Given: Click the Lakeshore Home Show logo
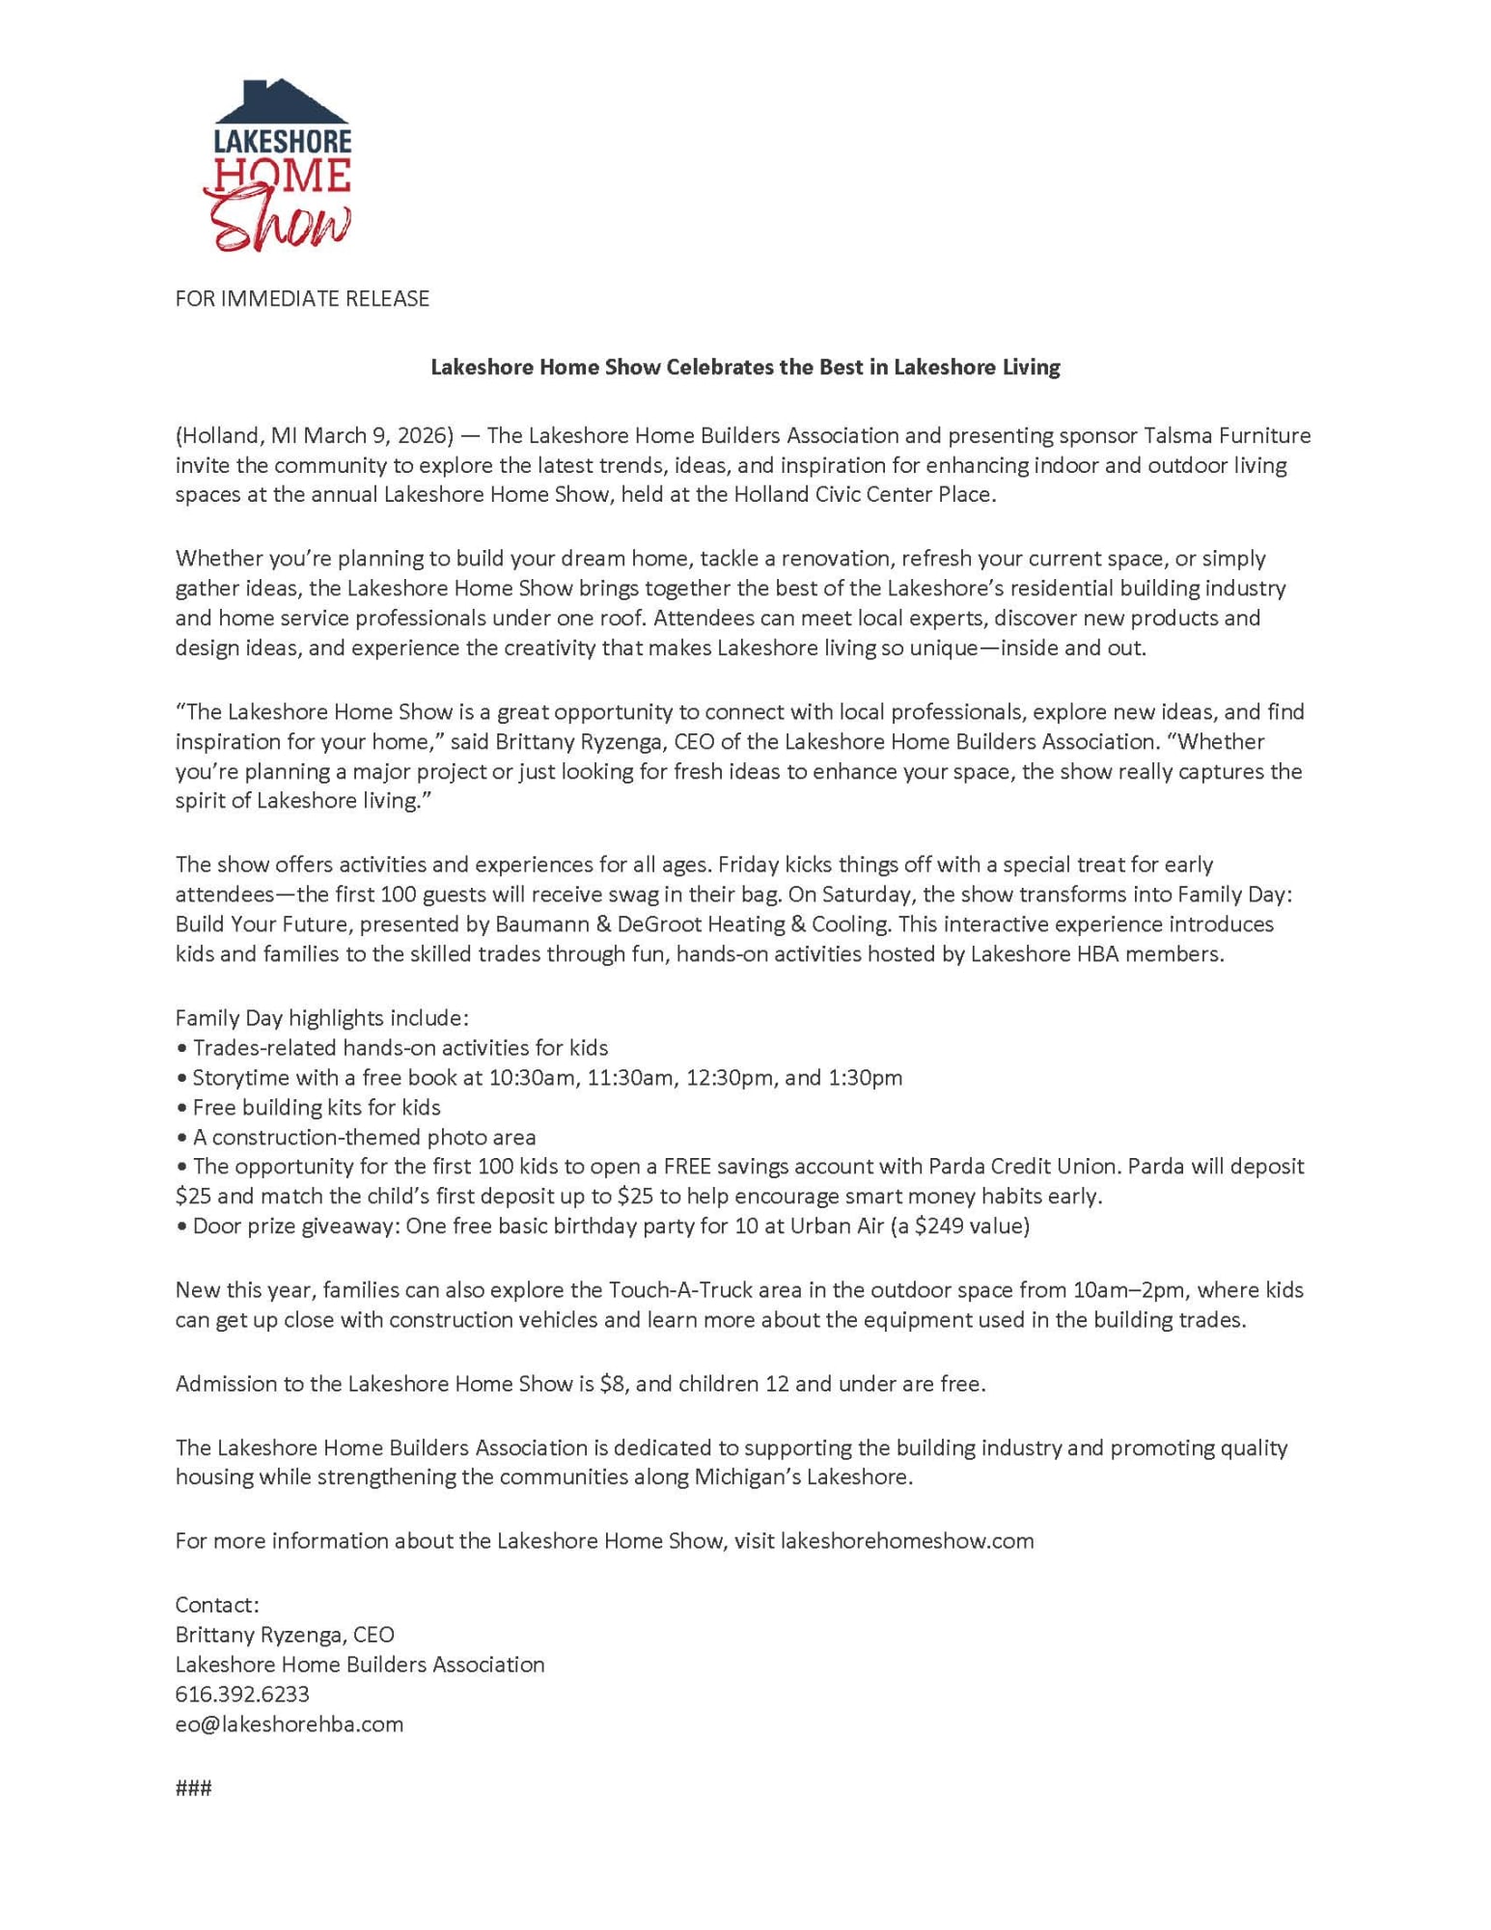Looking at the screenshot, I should tap(278, 166).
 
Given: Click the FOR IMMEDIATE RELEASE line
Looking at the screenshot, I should tap(302, 299).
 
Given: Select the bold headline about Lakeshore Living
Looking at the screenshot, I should tap(745, 368).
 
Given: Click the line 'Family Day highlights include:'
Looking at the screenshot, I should tap(322, 1018).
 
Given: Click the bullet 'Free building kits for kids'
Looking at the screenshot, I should tap(317, 1108).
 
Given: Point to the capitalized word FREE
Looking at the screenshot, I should tap(689, 1167).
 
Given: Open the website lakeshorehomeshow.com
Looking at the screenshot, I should tap(906, 1541).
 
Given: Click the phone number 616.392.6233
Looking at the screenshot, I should tap(242, 1695).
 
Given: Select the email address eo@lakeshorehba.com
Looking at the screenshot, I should tap(290, 1724).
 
